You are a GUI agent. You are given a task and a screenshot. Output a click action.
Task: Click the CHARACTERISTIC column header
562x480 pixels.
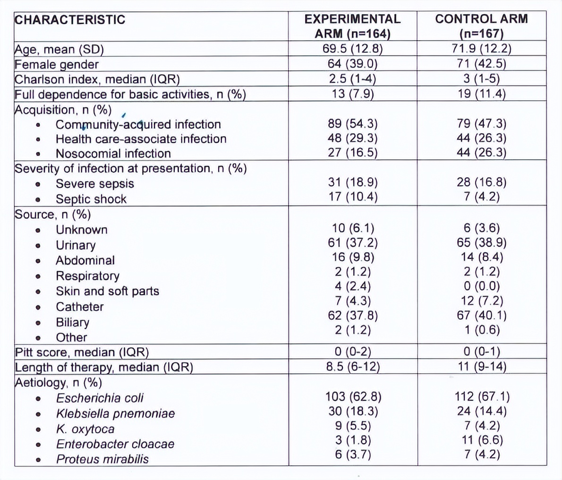(x=70, y=20)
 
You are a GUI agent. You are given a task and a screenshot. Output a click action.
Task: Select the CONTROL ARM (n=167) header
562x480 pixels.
(x=481, y=26)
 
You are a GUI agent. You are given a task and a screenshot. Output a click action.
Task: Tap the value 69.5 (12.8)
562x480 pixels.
(x=352, y=49)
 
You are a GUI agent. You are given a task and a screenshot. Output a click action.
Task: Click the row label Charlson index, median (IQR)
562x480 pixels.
(x=97, y=79)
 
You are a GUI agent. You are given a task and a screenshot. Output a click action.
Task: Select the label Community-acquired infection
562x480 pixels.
(x=138, y=124)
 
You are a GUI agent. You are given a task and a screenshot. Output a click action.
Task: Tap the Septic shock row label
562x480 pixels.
(x=91, y=199)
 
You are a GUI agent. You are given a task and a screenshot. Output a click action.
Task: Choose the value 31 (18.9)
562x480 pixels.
(x=352, y=182)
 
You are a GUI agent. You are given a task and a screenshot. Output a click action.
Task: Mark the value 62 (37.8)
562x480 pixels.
(x=352, y=315)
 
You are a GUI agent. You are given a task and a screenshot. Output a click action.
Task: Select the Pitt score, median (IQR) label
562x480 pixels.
(x=82, y=352)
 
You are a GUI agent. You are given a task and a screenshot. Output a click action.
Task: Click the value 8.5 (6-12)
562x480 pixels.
(x=352, y=367)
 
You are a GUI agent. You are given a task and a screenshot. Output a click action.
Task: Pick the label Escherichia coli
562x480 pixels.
(x=100, y=398)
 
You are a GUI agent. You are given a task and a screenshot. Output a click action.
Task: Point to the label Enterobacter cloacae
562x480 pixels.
(x=115, y=444)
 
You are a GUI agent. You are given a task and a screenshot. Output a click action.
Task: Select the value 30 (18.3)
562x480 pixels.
(x=352, y=411)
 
